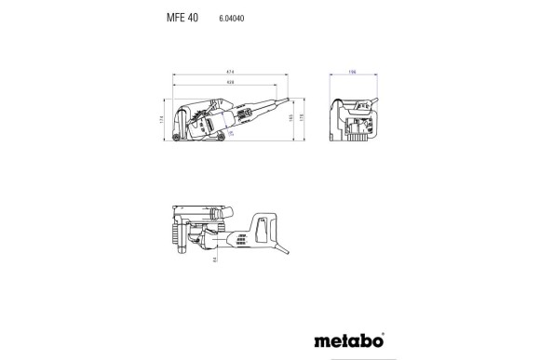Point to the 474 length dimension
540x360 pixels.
point(230,73)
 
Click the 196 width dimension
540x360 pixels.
point(352,73)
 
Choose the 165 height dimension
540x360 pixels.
point(292,119)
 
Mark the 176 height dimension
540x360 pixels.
point(303,119)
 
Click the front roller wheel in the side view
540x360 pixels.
point(177,140)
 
